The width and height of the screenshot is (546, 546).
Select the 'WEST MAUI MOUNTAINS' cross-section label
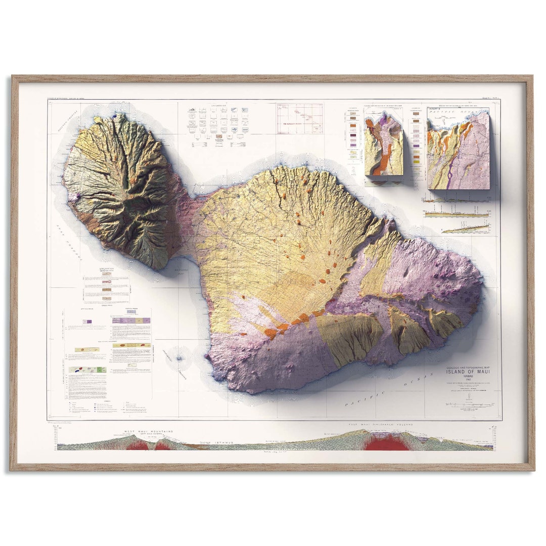[149, 432]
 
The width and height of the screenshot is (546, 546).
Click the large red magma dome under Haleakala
[387, 443]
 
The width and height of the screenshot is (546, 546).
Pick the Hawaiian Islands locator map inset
[299, 118]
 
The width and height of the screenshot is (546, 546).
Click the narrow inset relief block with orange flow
[384, 147]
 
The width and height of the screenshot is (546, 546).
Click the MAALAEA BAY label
[181, 270]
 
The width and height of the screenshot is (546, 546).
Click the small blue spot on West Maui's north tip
[115, 115]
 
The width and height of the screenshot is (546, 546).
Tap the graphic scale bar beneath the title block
[468, 405]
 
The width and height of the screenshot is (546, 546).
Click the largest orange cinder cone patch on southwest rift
[270, 333]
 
